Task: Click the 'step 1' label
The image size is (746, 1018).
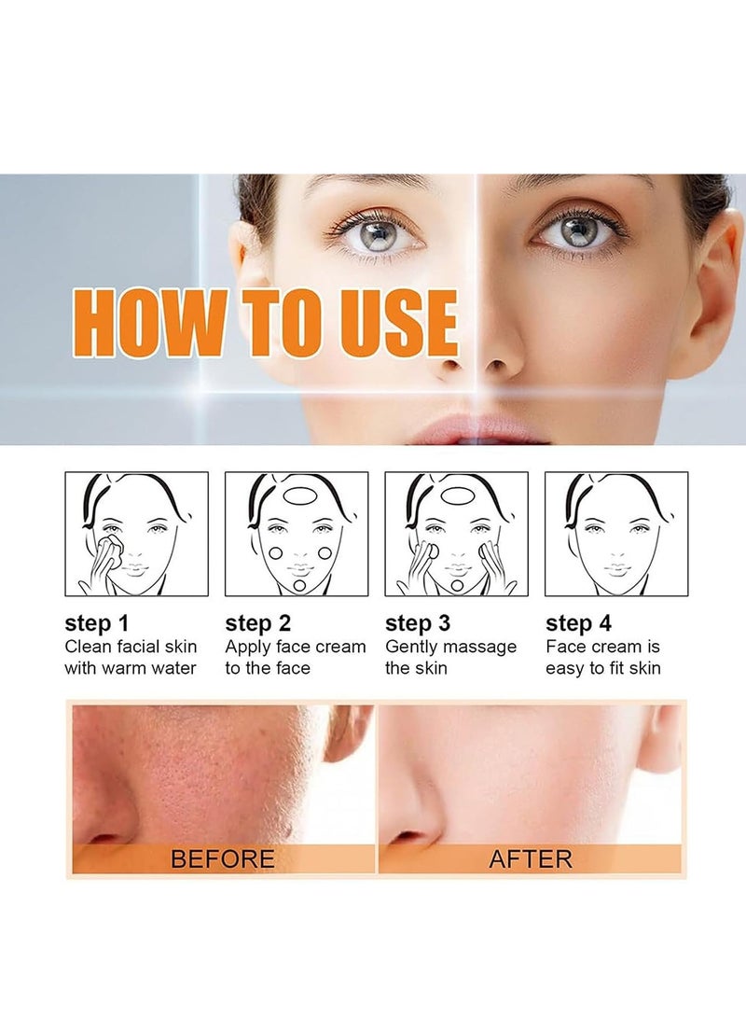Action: click(97, 623)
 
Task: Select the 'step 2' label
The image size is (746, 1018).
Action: click(257, 623)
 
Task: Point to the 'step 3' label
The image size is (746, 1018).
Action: click(417, 623)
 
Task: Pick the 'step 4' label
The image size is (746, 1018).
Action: click(578, 623)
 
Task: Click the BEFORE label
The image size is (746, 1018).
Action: click(223, 859)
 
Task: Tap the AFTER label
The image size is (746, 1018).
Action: click(531, 859)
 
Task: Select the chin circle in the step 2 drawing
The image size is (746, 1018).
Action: click(299, 586)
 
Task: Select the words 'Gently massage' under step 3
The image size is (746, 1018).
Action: click(450, 648)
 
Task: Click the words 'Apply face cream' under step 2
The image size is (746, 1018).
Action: click(296, 648)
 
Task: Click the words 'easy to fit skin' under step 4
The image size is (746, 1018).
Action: click(603, 668)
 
